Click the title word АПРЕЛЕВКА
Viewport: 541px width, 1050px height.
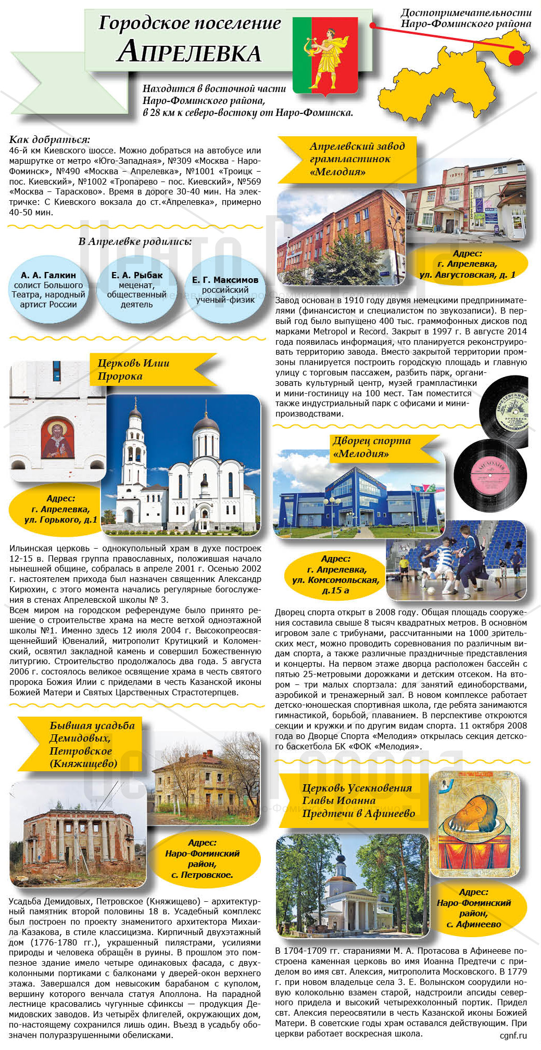189,52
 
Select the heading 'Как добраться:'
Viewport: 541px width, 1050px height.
49,139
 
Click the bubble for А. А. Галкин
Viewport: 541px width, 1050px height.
48,290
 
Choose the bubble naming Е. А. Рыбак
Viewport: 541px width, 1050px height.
136,290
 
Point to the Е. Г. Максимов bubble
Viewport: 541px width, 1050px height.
225,290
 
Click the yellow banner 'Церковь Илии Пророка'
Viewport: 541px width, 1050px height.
151,370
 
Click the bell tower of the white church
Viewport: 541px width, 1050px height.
134,458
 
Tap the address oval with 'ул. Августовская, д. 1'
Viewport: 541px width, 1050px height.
467,264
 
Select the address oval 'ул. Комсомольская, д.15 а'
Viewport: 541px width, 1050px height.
335,575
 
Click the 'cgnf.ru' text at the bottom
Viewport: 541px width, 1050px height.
513,1035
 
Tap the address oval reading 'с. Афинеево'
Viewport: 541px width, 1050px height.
474,909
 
